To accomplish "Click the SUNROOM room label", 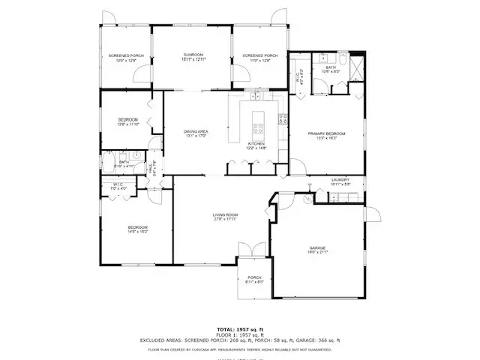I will point(194,55).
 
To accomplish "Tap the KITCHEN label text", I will point(256,144).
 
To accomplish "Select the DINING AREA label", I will point(196,132).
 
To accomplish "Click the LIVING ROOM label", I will point(225,216).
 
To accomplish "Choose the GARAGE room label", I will point(318,248).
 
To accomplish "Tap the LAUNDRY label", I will point(340,180).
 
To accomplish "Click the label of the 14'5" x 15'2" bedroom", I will point(137,227).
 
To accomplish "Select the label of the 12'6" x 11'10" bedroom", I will point(127,121).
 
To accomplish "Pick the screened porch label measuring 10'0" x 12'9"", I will point(125,55).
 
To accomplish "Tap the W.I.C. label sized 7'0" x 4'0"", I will point(118,184).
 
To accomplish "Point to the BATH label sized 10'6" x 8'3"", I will point(330,68).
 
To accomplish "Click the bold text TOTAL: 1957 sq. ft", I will point(239,329).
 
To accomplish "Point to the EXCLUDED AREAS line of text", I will point(239,340).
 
